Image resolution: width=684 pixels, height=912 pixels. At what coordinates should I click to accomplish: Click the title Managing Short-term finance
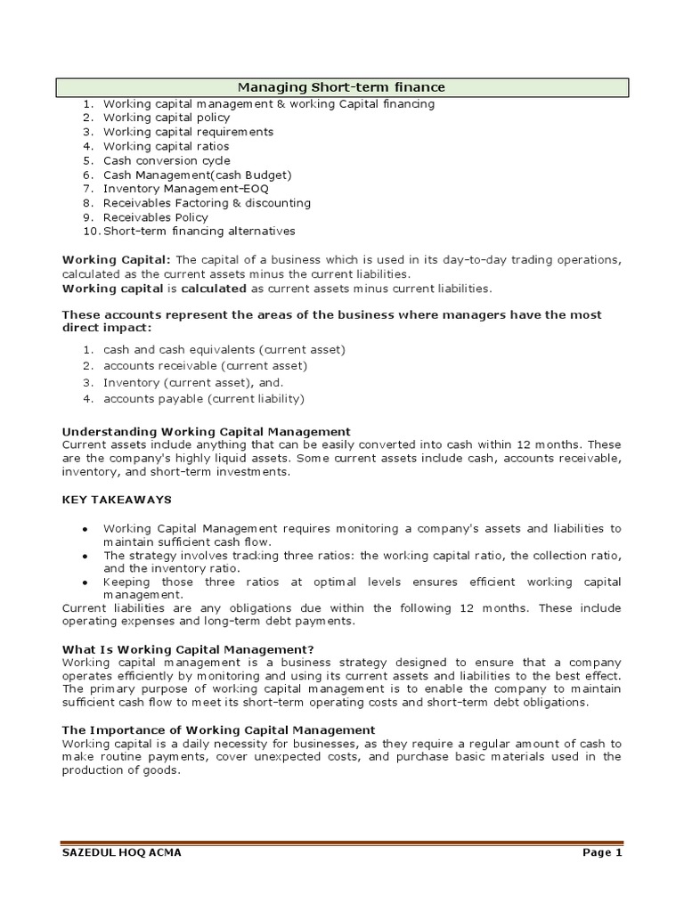(x=341, y=87)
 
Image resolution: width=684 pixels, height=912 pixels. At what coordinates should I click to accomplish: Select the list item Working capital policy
(x=166, y=118)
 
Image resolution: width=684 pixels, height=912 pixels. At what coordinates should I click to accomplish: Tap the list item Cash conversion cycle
(x=166, y=160)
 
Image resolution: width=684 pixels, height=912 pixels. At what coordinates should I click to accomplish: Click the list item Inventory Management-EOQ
(x=185, y=189)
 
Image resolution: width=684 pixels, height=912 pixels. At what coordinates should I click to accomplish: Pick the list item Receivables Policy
(x=155, y=217)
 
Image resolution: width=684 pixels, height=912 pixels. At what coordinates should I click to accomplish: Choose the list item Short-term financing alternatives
(x=199, y=232)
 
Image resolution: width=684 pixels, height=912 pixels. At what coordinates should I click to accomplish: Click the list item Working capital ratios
(x=166, y=146)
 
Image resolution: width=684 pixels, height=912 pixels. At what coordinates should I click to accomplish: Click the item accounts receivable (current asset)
(x=205, y=366)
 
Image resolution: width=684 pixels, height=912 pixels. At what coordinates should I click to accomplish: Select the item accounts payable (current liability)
(x=203, y=398)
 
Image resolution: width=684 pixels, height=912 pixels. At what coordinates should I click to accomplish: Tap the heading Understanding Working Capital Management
(x=206, y=431)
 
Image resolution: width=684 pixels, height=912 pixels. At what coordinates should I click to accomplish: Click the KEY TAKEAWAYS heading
(x=117, y=501)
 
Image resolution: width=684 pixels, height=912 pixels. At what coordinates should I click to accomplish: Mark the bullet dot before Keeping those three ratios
(x=84, y=582)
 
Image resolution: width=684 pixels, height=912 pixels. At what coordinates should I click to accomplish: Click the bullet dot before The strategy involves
(x=84, y=556)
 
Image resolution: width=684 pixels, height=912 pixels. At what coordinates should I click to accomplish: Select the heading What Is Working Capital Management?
(x=188, y=648)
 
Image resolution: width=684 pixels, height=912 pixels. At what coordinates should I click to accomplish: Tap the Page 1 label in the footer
(x=602, y=853)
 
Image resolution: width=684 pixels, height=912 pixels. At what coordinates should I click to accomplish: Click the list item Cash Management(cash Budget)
(x=197, y=175)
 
